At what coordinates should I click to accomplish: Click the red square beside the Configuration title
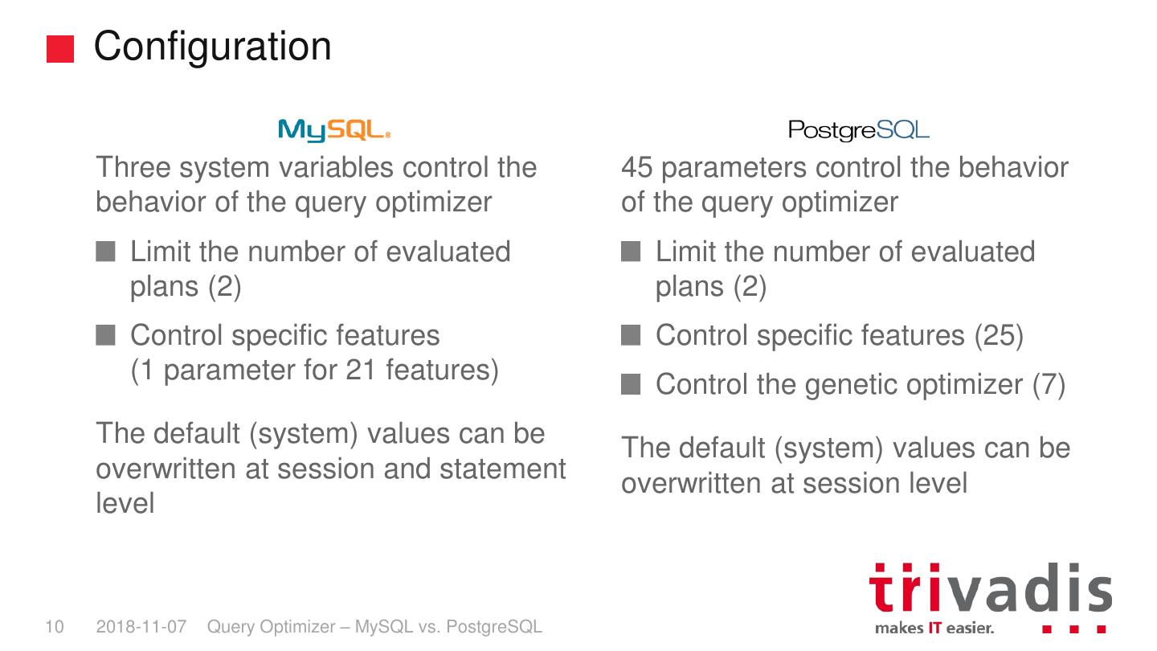tap(60, 49)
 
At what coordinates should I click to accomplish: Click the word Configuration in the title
tap(212, 47)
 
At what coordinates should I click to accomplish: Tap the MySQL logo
tap(334, 130)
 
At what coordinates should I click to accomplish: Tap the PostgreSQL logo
tap(858, 131)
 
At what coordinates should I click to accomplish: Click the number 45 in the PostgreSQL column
tap(637, 167)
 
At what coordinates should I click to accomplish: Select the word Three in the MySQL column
tap(133, 167)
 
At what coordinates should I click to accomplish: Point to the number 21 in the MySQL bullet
tap(361, 370)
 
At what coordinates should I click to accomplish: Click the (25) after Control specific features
tap(999, 335)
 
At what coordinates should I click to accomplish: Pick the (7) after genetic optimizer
tap(1049, 384)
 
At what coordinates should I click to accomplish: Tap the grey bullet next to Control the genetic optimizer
tap(631, 384)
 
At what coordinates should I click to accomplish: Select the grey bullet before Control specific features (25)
tap(631, 335)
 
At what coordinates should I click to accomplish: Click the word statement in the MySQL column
tap(503, 469)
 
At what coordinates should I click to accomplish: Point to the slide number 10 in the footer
tap(55, 627)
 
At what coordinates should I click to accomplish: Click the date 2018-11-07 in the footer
tap(141, 627)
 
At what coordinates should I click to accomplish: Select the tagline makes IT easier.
tap(934, 628)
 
